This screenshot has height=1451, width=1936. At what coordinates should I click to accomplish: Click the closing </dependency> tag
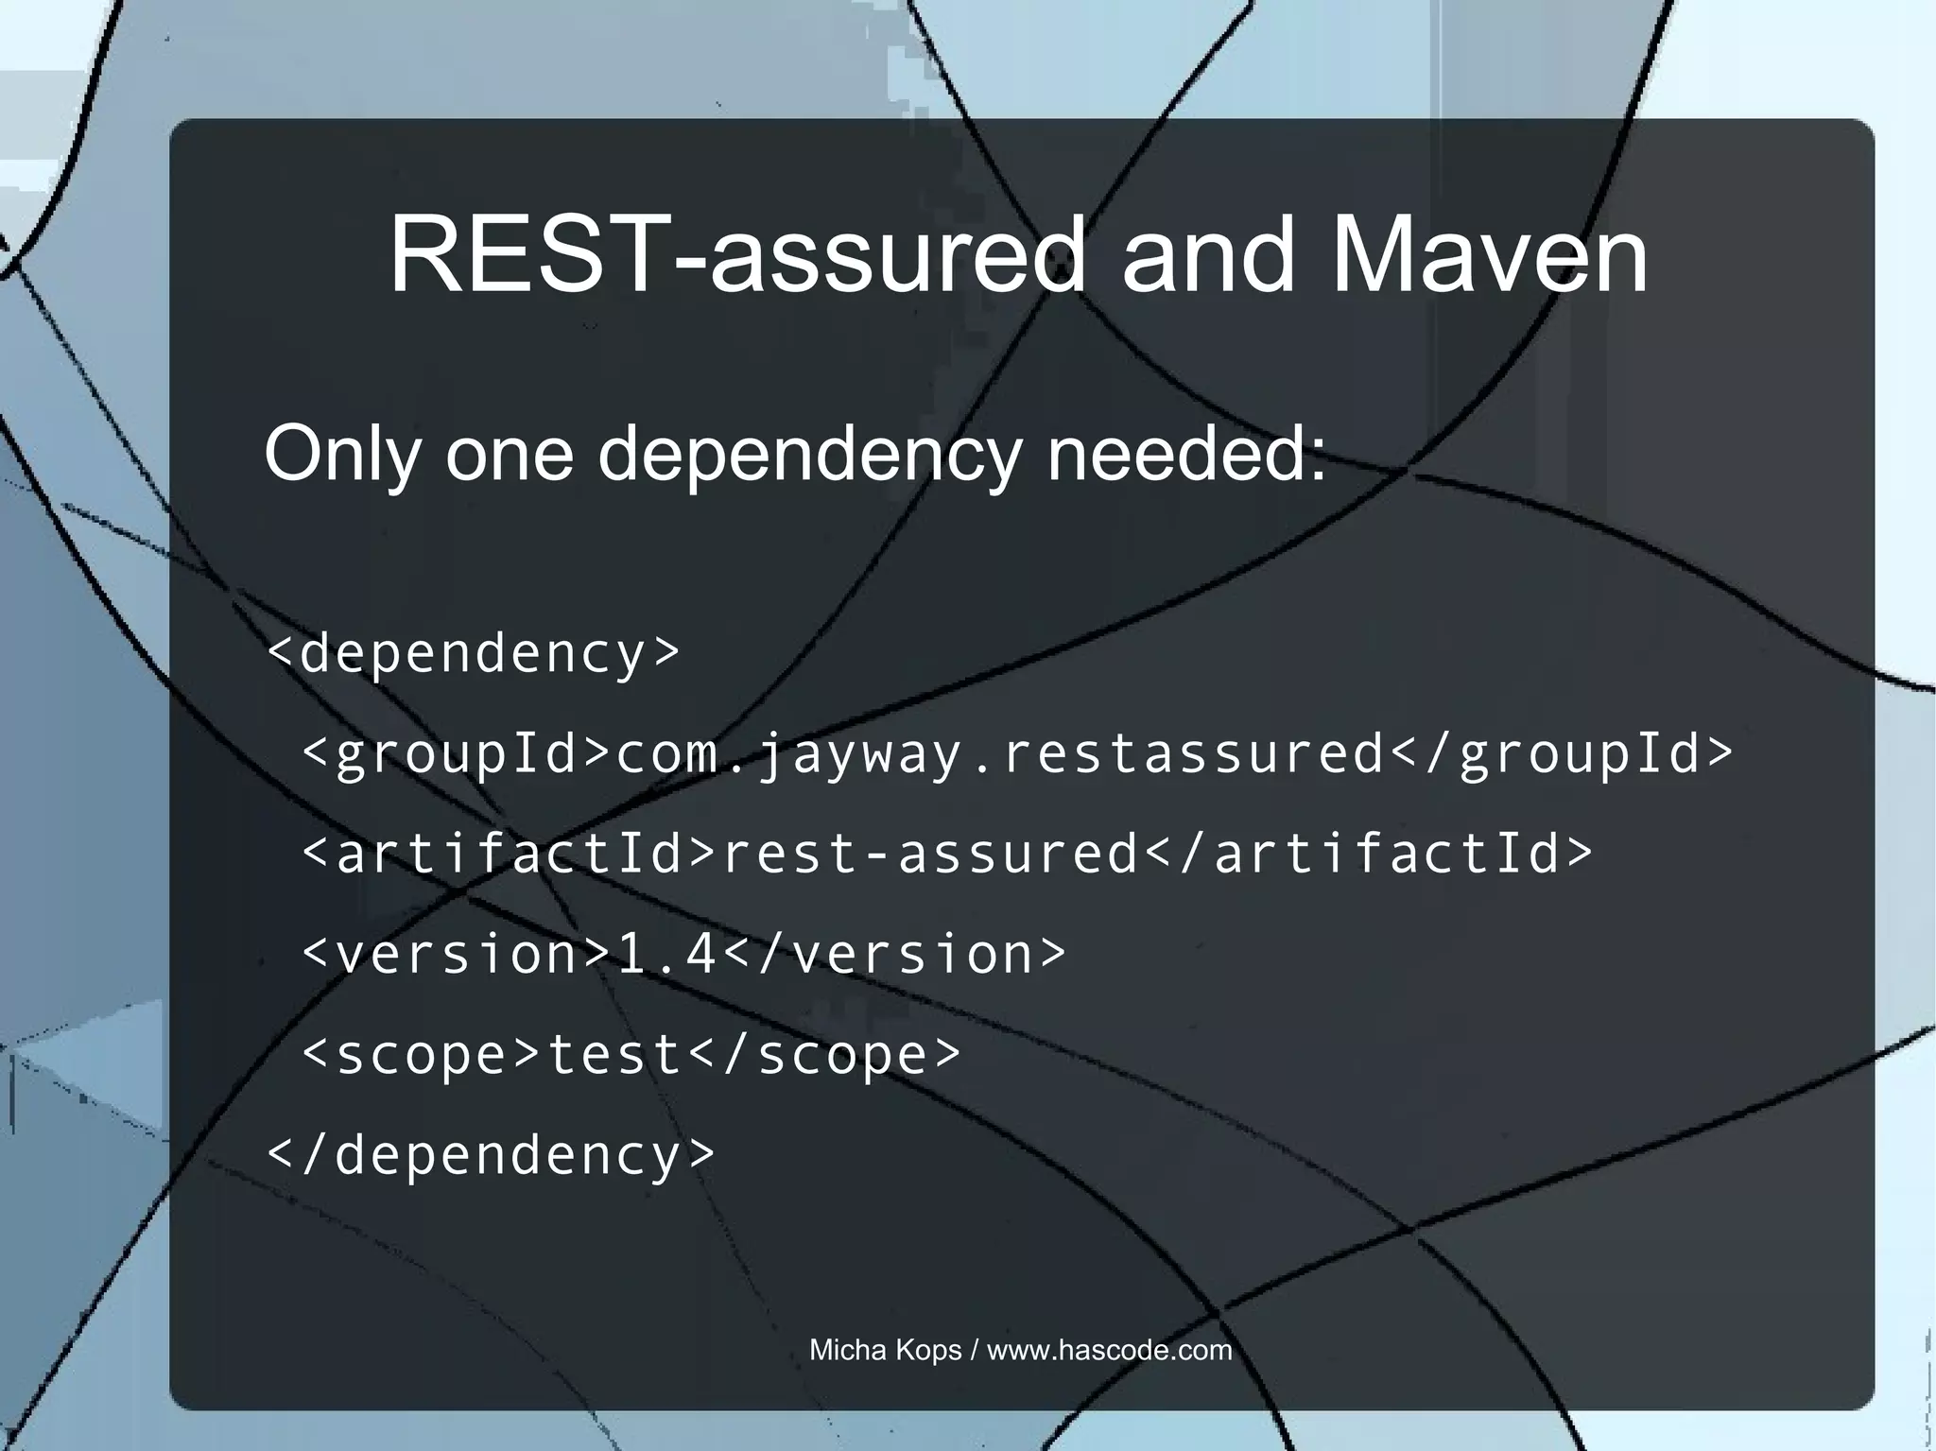pyautogui.click(x=492, y=1154)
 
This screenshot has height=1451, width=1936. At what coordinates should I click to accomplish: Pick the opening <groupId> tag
pyautogui.click(x=458, y=754)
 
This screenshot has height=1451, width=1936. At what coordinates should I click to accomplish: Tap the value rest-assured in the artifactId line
pyautogui.click(x=930, y=854)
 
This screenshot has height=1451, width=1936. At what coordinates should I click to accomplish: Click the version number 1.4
pyautogui.click(x=666, y=954)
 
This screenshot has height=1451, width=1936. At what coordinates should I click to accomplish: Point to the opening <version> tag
pyautogui.click(x=458, y=954)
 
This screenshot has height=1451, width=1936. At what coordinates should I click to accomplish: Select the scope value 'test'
pyautogui.click(x=615, y=1054)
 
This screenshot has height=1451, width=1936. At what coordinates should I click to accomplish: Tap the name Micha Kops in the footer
pyautogui.click(x=885, y=1350)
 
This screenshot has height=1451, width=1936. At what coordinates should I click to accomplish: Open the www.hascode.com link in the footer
pyautogui.click(x=1110, y=1350)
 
